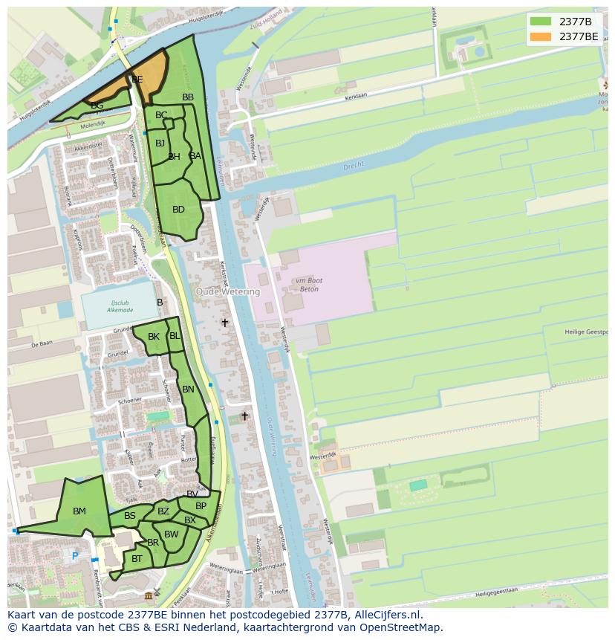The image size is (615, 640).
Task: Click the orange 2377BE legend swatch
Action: pos(541,36)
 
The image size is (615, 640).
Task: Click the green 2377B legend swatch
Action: pos(541,21)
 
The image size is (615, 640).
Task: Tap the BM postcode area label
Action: pos(79,511)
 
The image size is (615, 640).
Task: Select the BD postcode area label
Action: pos(178,210)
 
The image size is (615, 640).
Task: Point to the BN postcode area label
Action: pos(188,390)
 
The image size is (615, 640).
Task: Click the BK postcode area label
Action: pos(154,337)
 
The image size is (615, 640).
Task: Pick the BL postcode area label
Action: pos(175,336)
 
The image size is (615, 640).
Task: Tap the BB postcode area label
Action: pos(188,97)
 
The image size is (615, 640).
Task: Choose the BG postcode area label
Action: pos(97,106)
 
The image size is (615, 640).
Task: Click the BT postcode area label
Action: pos(137,559)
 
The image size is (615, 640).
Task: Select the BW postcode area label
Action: pos(172,534)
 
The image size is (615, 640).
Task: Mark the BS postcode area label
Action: pos(130,516)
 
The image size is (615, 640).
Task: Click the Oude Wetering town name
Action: pos(228,292)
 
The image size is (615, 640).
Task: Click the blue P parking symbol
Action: pos(74,555)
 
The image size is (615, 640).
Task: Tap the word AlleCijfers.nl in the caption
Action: pos(386,615)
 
